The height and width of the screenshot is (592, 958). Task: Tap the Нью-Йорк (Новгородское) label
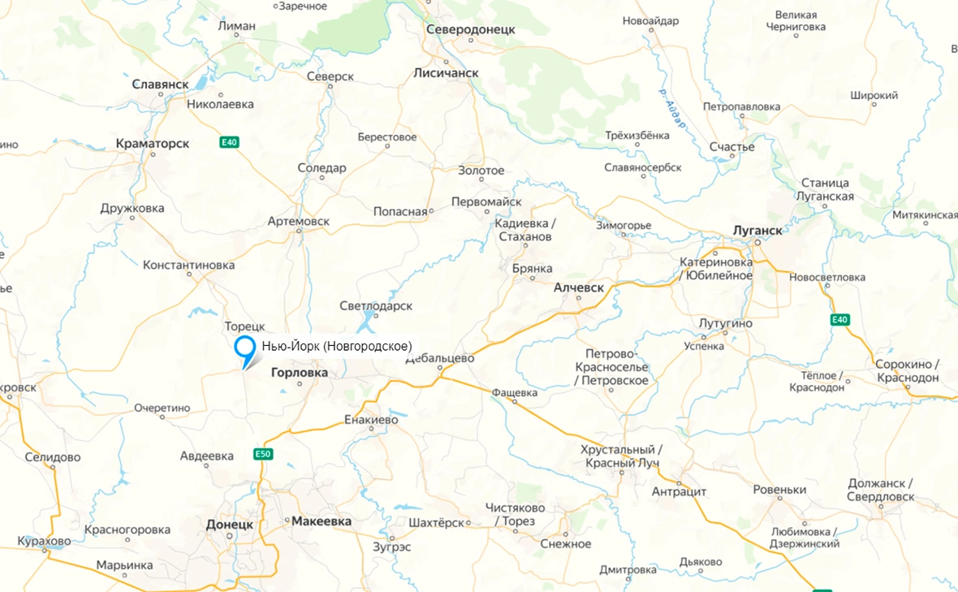click(337, 347)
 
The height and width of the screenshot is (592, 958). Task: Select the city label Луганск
click(757, 230)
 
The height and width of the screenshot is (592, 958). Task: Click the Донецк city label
click(230, 525)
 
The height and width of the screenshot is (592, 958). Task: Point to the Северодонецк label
click(471, 29)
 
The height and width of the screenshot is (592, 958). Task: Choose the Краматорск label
click(153, 144)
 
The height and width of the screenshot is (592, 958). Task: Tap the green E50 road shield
click(262, 453)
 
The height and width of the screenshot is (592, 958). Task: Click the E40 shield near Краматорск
click(230, 143)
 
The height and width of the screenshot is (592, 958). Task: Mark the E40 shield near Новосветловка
click(839, 320)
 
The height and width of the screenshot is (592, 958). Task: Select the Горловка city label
click(298, 373)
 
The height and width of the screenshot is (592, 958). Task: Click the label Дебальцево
click(439, 358)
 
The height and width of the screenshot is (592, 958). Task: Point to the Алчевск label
click(579, 287)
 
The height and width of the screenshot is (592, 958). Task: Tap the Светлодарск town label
click(376, 306)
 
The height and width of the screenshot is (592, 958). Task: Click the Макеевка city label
click(321, 521)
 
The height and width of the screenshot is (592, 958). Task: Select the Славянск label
click(160, 84)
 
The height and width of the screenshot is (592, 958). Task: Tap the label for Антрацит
click(680, 492)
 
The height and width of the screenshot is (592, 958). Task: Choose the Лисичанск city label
click(447, 73)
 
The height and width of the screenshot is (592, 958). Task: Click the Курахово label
click(45, 542)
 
